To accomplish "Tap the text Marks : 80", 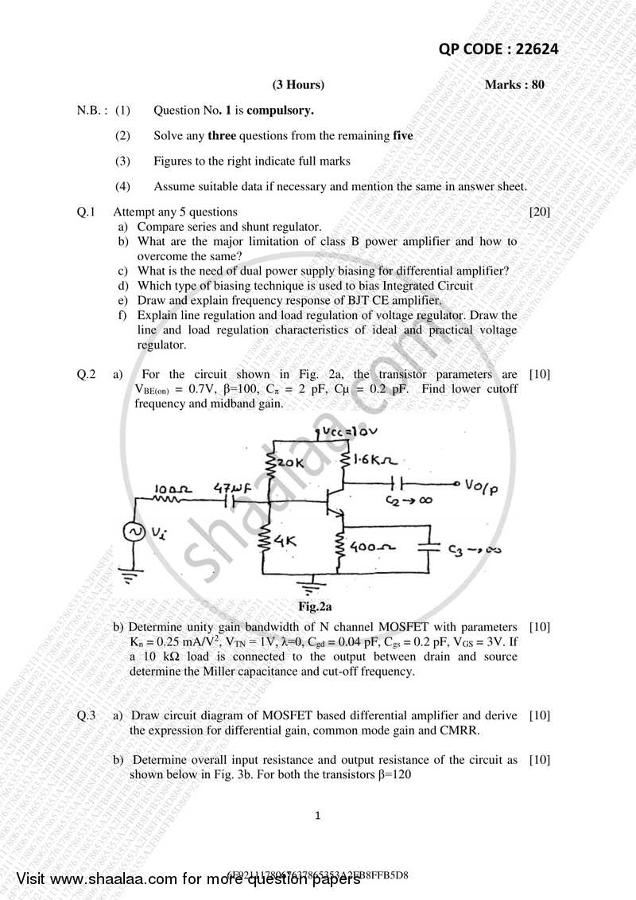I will pos(514,84).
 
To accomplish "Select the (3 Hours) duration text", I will pos(298,84).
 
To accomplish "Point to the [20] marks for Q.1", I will pos(540,212).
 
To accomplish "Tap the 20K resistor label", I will pos(290,462).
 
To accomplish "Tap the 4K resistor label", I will pos(284,541).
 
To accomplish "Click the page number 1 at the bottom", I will pos(317,815).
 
